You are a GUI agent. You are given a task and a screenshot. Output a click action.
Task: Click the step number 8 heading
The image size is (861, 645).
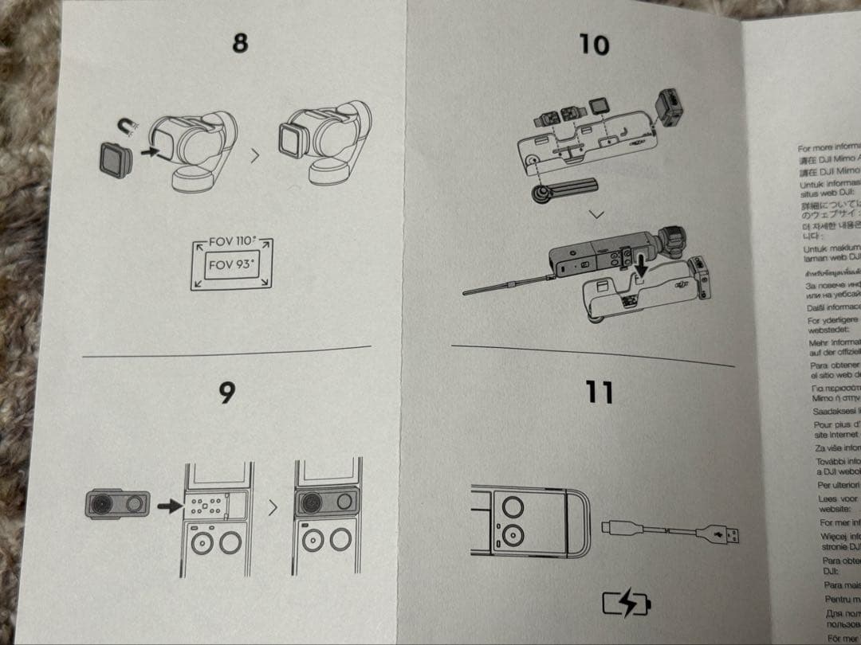tap(240, 42)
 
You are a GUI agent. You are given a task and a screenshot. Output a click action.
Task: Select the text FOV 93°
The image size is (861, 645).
tap(230, 265)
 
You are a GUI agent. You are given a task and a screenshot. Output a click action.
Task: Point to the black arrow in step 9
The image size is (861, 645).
tap(170, 506)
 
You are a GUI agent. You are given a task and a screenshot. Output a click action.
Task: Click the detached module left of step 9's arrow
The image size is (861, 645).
tap(117, 505)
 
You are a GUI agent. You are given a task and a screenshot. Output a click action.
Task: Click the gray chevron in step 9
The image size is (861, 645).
tap(273, 507)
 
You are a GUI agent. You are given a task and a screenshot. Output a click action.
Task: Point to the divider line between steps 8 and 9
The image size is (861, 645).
tap(227, 351)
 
